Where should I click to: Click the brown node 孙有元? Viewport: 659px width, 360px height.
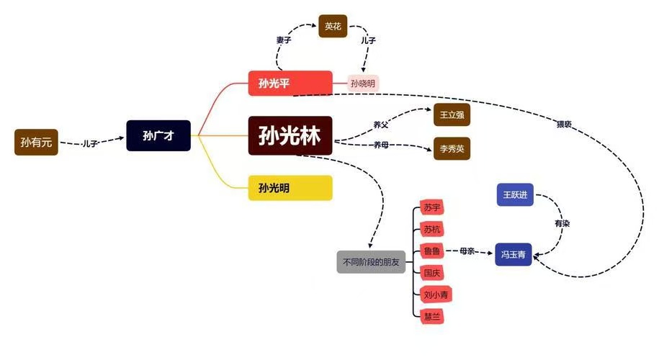point(35,142)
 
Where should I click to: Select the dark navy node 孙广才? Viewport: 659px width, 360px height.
point(158,135)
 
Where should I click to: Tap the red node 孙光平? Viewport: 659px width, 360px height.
point(290,84)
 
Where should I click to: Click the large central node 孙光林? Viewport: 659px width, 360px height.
point(290,135)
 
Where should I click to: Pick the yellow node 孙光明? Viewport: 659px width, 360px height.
point(290,188)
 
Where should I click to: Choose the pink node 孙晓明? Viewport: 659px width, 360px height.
point(363,84)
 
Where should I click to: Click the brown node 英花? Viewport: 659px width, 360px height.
point(333,27)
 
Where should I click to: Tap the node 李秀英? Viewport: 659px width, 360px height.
point(452,149)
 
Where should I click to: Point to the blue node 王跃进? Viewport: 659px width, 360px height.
point(514,194)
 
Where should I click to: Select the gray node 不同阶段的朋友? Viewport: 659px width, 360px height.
point(370,261)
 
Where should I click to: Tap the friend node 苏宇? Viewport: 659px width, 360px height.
point(431,208)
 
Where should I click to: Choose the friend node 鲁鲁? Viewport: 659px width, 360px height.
point(431,251)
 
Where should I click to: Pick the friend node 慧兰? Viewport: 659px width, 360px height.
point(431,315)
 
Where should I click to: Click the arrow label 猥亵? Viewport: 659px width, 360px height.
point(564,124)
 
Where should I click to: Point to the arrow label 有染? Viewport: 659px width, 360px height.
point(562,224)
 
